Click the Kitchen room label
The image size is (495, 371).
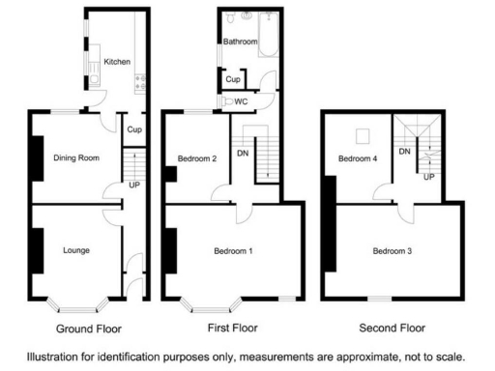point(117,62)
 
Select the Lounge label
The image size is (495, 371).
point(76,250)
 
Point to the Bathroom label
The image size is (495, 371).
point(240,43)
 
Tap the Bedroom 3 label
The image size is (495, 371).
point(392,251)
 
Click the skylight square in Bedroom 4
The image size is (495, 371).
point(364,135)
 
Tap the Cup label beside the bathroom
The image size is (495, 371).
point(232,79)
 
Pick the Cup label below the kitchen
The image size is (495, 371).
point(134,129)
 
